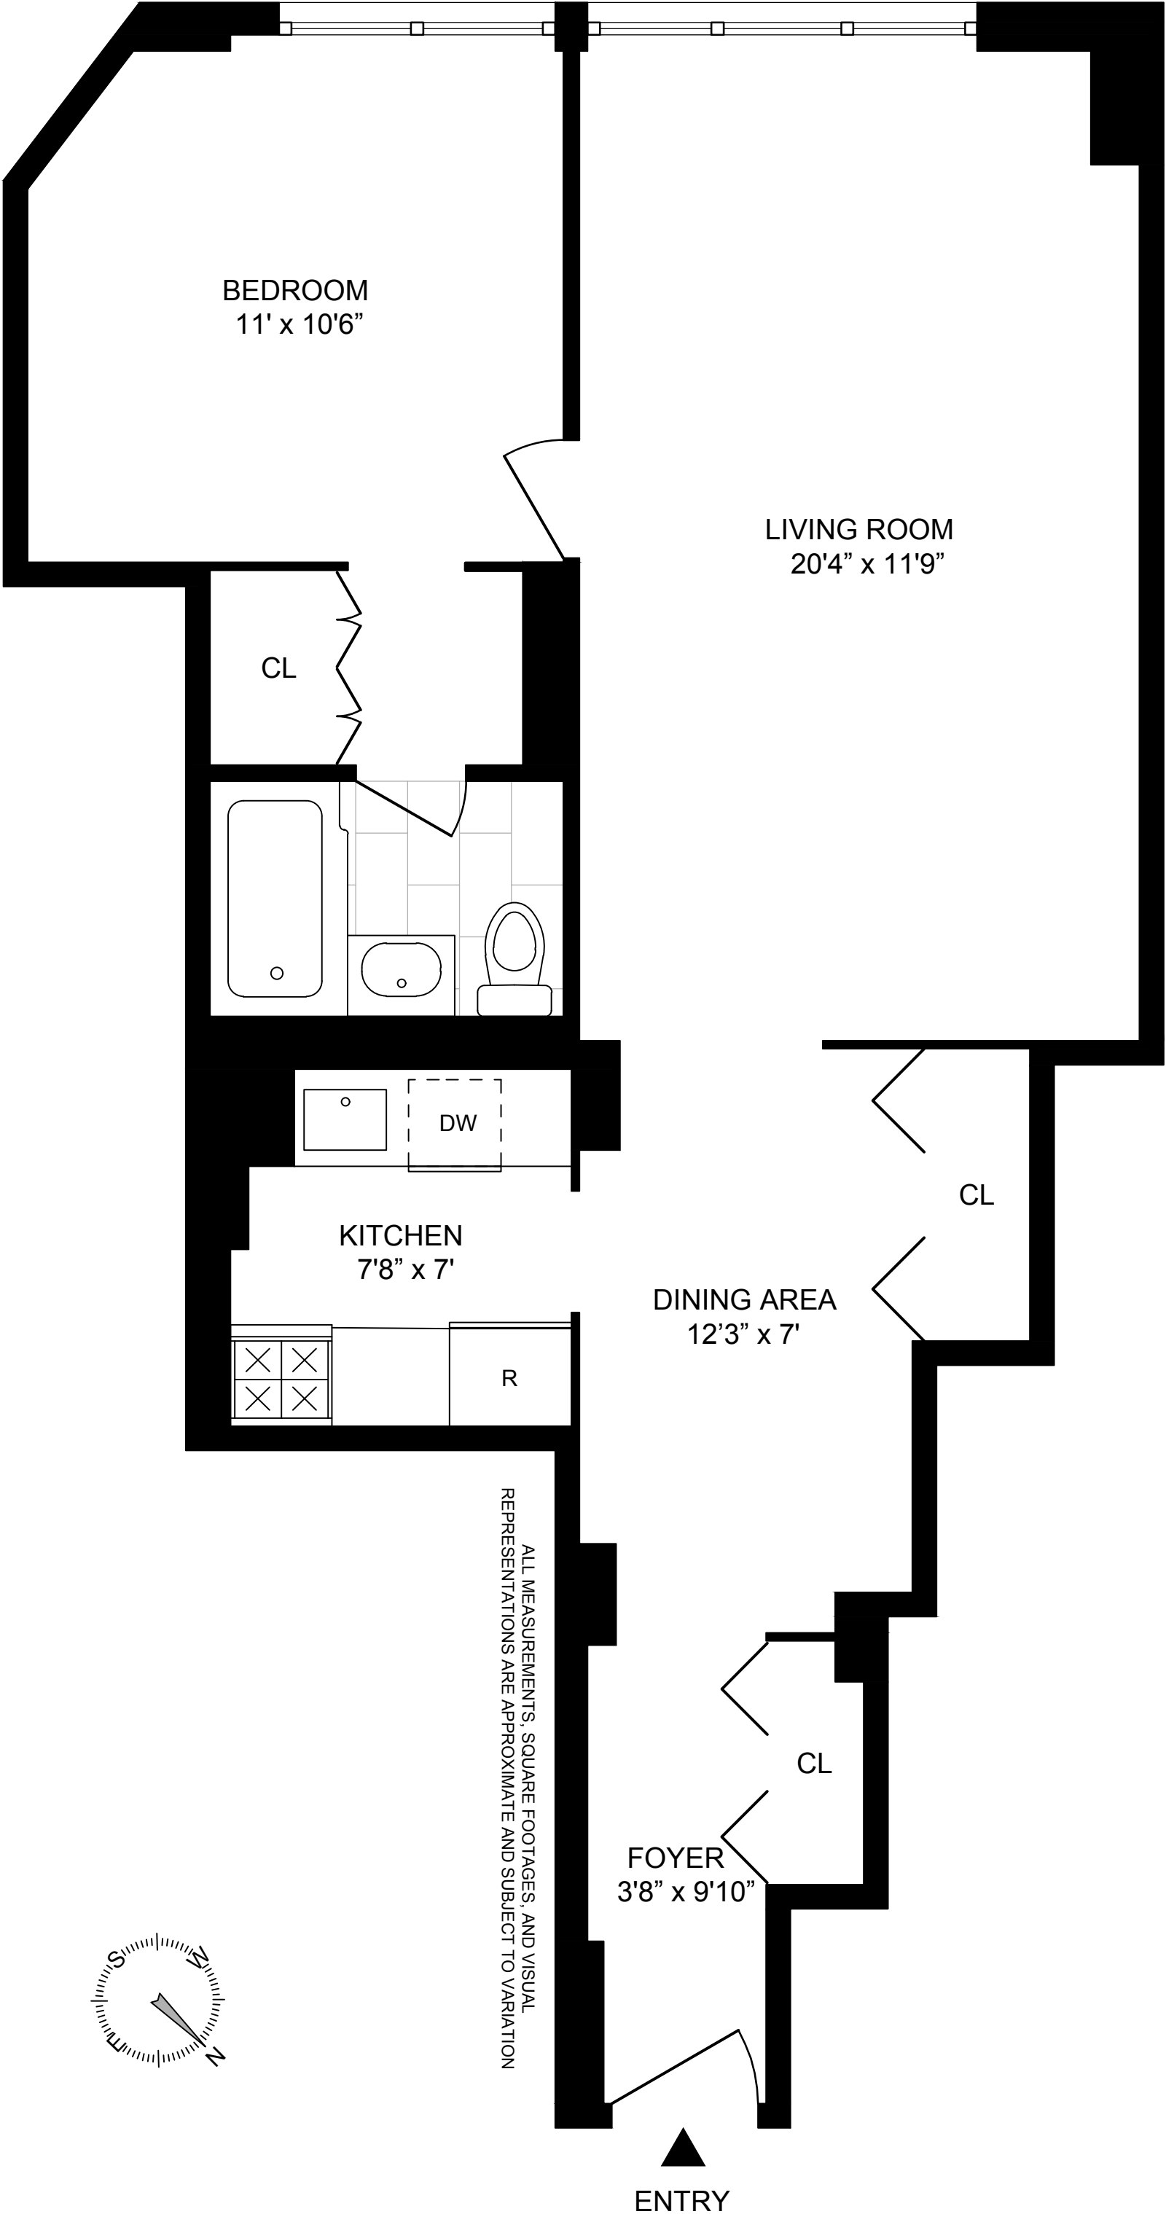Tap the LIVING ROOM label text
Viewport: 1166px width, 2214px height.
pyautogui.click(x=858, y=529)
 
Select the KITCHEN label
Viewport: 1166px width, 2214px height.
pyautogui.click(x=400, y=1236)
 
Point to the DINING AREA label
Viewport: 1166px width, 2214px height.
pyautogui.click(x=744, y=1299)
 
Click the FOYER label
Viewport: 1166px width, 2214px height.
pyautogui.click(x=676, y=1858)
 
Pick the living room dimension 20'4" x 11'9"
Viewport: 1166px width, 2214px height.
pyautogui.click(x=867, y=565)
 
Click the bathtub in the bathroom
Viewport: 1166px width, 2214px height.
pyautogui.click(x=275, y=898)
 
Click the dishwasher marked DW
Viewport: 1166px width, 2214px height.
pyautogui.click(x=455, y=1123)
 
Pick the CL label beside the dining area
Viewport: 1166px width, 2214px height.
pyautogui.click(x=976, y=1194)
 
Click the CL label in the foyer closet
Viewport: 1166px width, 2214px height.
pyautogui.click(x=814, y=1764)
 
